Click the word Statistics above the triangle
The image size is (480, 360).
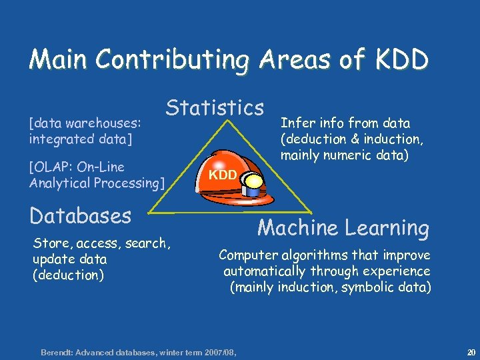215,107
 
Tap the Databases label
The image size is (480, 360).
80,216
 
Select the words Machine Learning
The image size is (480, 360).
343,228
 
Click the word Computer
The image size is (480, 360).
247,255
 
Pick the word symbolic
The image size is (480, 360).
369,287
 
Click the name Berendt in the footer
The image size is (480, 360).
59,351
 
